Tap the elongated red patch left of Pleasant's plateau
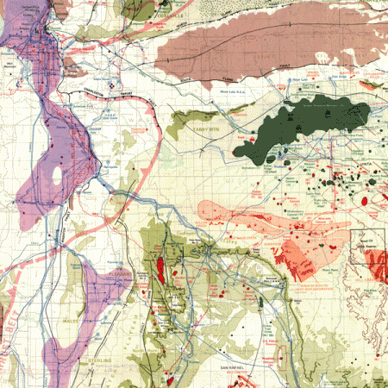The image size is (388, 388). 160,269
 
